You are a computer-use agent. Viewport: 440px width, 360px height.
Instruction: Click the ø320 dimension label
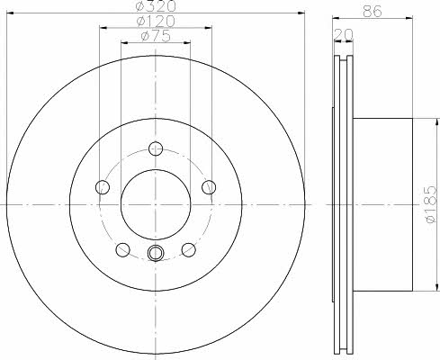156,6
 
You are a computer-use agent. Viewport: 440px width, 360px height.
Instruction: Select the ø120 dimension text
156,21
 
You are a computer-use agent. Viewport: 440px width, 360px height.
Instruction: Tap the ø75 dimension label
156,36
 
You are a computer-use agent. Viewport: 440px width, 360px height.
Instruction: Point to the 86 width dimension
373,12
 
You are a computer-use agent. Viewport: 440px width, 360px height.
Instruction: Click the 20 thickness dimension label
344,34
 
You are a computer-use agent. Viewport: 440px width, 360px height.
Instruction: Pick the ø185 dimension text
431,204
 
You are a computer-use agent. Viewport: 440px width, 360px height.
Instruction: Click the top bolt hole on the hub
156,148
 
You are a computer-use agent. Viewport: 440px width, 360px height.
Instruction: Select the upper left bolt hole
103,187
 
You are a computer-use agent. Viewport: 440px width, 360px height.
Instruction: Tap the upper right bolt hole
209,187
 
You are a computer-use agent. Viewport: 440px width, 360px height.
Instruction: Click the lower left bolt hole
122,250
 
